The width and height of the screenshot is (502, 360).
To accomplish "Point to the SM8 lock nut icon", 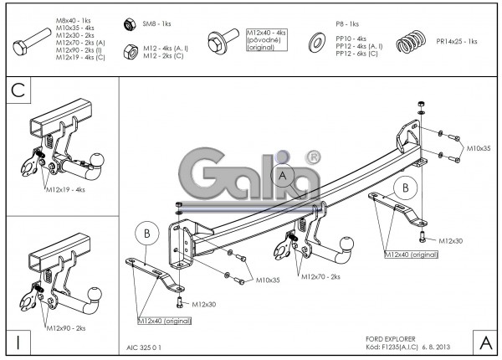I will (129, 23).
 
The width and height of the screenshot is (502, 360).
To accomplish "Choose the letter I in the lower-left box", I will (18, 342).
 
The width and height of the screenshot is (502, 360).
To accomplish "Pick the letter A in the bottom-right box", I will (484, 342).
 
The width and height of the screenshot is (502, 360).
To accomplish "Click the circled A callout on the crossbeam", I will (283, 176).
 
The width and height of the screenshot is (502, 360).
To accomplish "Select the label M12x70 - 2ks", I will (320, 276).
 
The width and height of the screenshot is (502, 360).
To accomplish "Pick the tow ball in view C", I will (99, 158).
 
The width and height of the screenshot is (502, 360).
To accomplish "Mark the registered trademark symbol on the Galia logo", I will (313, 157).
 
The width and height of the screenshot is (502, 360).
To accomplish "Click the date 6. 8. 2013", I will (440, 344).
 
